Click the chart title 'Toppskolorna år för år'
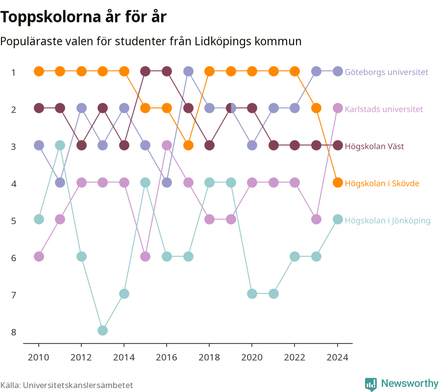point(83,17)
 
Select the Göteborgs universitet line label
point(387,72)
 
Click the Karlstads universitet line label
point(384,109)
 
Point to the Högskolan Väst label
point(374,146)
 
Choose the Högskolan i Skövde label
point(382,183)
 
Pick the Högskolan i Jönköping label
point(388,221)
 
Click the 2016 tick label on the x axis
point(167,357)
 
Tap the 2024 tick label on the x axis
point(338,357)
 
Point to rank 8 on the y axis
point(14,332)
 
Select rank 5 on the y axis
point(14,221)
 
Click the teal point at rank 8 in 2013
point(103,330)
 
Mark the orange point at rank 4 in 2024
point(338,183)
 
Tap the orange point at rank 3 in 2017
point(188,146)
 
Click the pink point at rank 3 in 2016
point(167,146)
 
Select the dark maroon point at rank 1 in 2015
point(145,72)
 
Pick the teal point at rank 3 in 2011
point(60,146)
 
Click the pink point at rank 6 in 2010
point(39,256)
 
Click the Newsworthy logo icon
point(371,384)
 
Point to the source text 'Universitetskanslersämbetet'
point(78,385)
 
